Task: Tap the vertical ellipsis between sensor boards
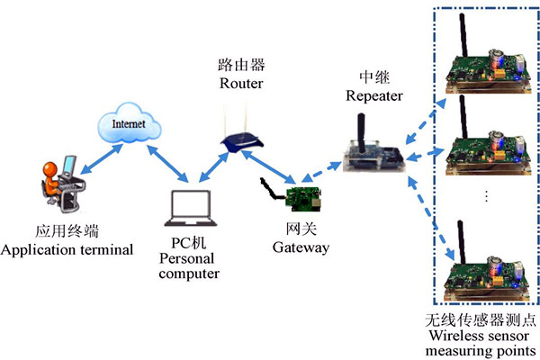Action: point(485,197)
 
